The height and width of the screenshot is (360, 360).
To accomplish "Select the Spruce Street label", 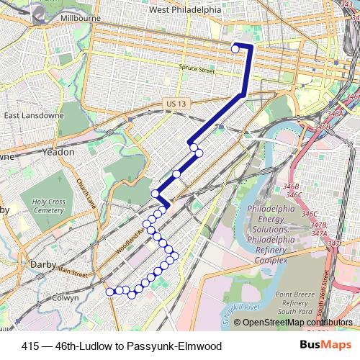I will point(197,71).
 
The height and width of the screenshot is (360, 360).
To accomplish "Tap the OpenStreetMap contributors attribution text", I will point(297,323).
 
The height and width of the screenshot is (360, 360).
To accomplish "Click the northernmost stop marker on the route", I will point(235,49).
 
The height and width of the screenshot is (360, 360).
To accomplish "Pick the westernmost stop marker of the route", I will point(110,292).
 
